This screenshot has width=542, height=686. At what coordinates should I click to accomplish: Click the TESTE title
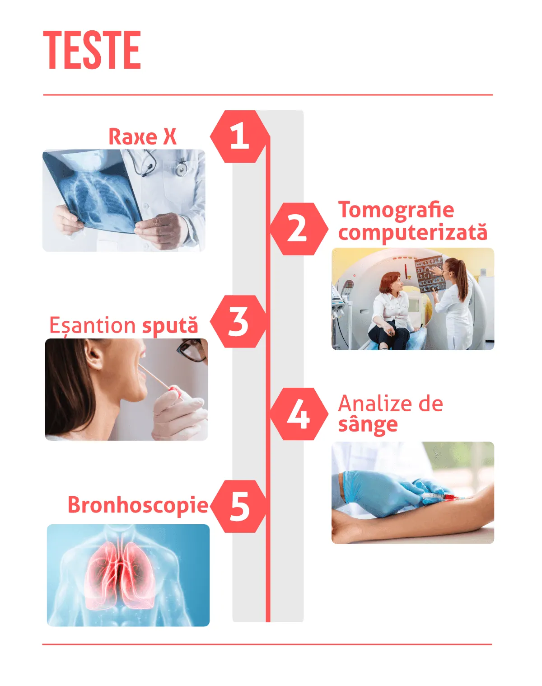(92, 50)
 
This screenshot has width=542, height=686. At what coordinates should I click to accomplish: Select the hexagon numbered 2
(299, 229)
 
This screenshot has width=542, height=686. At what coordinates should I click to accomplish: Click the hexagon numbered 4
(299, 414)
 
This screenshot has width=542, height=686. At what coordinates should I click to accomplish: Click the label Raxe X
(142, 136)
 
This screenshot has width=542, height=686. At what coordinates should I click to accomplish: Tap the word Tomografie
(396, 211)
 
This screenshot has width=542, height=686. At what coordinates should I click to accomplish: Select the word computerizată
(413, 232)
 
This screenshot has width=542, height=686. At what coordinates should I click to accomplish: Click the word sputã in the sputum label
(170, 326)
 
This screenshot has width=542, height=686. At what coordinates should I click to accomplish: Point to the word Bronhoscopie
(138, 506)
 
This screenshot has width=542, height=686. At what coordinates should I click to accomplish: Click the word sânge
(368, 425)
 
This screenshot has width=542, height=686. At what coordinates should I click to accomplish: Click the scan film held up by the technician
(430, 274)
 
